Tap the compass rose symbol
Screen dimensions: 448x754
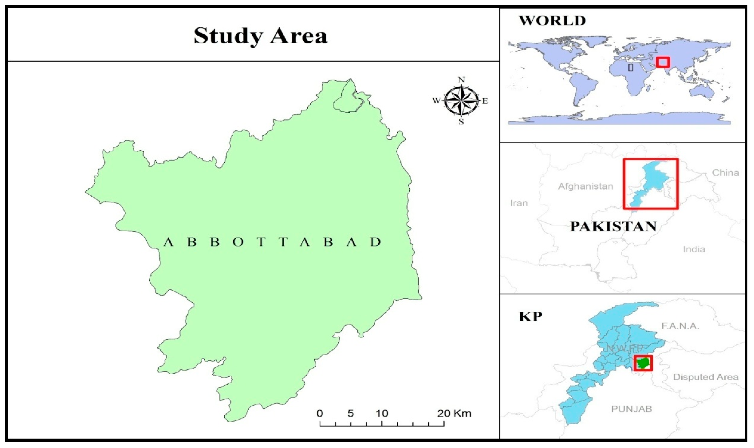point(461,101)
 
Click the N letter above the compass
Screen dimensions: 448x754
point(461,80)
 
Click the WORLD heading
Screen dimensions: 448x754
point(552,21)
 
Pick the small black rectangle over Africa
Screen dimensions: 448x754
point(630,67)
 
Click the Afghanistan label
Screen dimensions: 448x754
point(585,186)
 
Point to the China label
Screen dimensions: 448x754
point(725,173)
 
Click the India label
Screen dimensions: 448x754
point(694,249)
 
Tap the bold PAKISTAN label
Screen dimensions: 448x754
point(613,226)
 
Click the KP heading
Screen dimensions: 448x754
point(530,317)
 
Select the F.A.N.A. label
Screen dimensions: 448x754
point(680,326)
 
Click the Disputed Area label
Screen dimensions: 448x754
point(705,377)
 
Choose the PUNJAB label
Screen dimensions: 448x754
point(631,409)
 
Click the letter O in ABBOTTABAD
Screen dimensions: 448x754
point(238,242)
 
